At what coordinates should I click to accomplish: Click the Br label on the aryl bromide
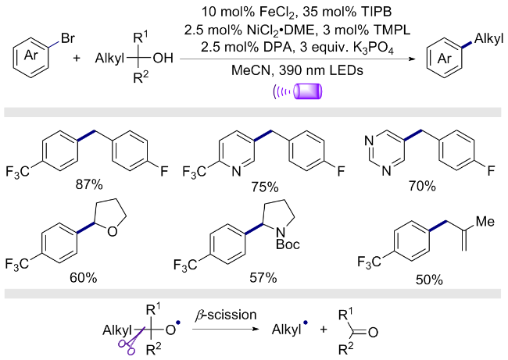pyautogui.click(x=68, y=38)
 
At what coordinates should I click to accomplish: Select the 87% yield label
pyautogui.click(x=89, y=185)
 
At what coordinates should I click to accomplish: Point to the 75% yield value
pyautogui.click(x=265, y=187)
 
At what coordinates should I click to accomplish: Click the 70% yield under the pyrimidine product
pyautogui.click(x=422, y=186)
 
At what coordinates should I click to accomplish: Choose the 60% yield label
pyautogui.click(x=84, y=277)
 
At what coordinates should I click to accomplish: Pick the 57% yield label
pyautogui.click(x=263, y=277)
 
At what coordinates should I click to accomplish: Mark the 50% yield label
pyautogui.click(x=429, y=280)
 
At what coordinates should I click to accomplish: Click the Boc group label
pyautogui.click(x=288, y=244)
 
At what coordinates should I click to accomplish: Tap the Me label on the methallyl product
pyautogui.click(x=485, y=222)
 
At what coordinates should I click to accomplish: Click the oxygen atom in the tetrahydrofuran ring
pyautogui.click(x=112, y=231)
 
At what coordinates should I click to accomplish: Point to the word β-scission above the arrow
pyautogui.click(x=226, y=315)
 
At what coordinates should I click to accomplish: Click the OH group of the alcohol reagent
pyautogui.click(x=163, y=59)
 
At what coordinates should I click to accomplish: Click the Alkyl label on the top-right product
pyautogui.click(x=489, y=39)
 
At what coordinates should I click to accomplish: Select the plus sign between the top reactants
pyautogui.click(x=77, y=59)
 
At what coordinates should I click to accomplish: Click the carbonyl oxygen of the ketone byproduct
pyautogui.click(x=373, y=333)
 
